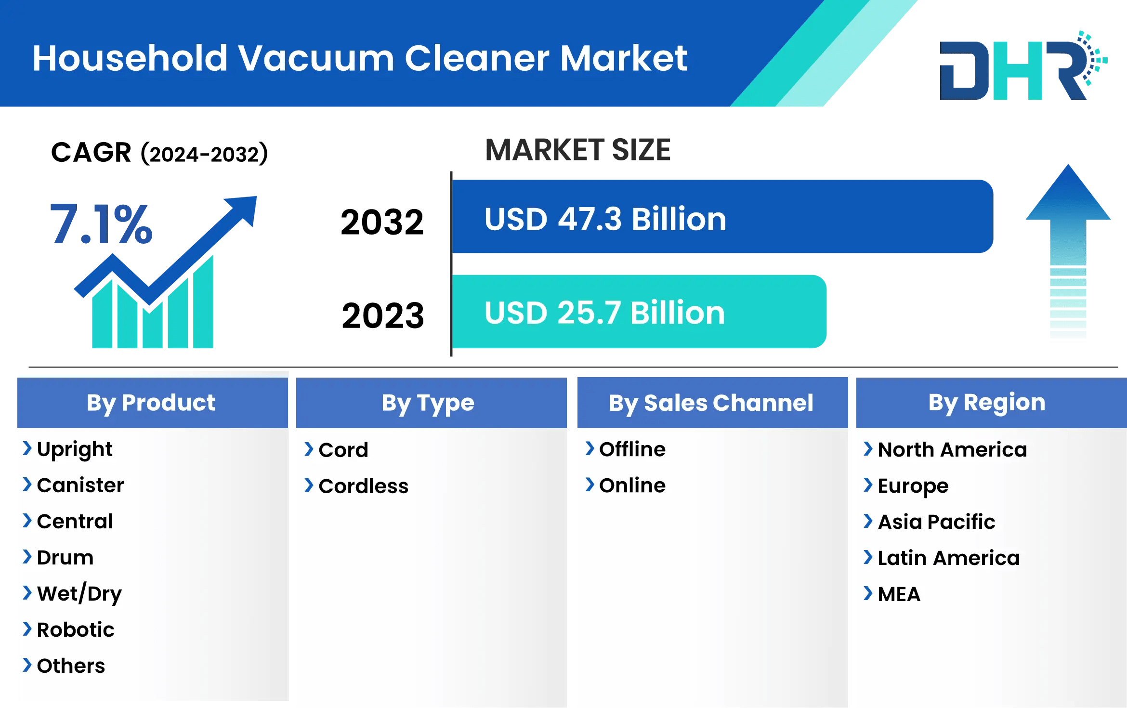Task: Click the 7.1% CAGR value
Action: click(x=101, y=224)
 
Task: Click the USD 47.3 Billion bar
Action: click(x=722, y=217)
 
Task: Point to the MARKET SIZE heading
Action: click(x=577, y=150)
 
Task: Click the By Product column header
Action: click(x=151, y=403)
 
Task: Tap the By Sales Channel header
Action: click(x=711, y=403)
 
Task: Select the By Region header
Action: click(x=987, y=403)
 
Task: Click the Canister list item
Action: click(x=80, y=485)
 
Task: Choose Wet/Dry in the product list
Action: click(x=79, y=593)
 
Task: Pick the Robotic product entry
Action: click(x=76, y=629)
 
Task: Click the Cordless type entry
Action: click(x=363, y=486)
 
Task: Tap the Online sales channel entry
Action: click(x=632, y=485)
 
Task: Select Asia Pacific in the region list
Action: click(x=936, y=522)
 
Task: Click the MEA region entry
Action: click(x=899, y=594)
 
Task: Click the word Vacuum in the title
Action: click(x=316, y=58)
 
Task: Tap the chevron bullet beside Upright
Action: click(x=27, y=448)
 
